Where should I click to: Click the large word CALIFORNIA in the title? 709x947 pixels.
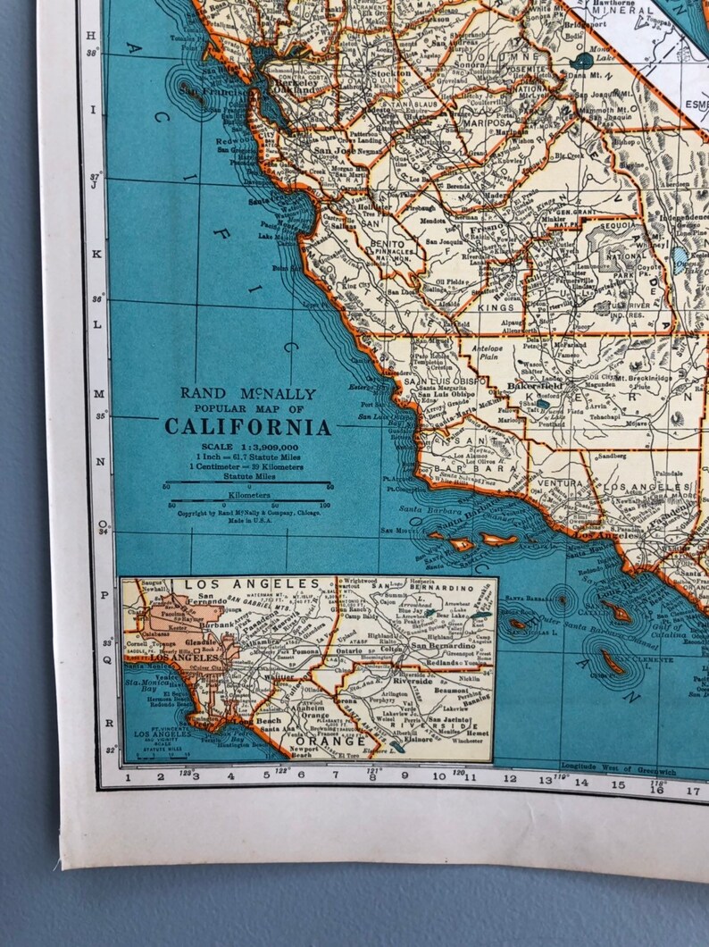click(x=246, y=427)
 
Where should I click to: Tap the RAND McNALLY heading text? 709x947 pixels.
click(x=247, y=393)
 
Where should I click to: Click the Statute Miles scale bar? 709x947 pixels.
click(x=247, y=483)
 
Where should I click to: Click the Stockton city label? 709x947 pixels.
click(x=394, y=73)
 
